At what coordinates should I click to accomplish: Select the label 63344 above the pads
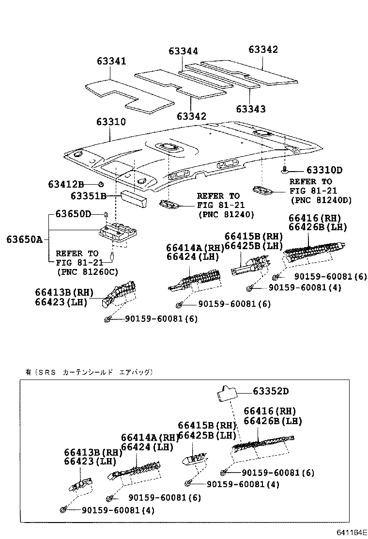183,51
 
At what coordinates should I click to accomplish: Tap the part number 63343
250,109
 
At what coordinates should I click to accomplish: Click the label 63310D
324,170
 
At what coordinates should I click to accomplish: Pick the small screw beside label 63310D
286,170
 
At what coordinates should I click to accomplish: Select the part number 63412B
66,184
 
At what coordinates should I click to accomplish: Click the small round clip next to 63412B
101,184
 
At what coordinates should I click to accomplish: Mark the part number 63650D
73,214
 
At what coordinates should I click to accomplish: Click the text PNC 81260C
87,272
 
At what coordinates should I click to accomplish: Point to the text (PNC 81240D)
321,200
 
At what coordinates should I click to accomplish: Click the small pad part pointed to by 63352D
226,392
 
